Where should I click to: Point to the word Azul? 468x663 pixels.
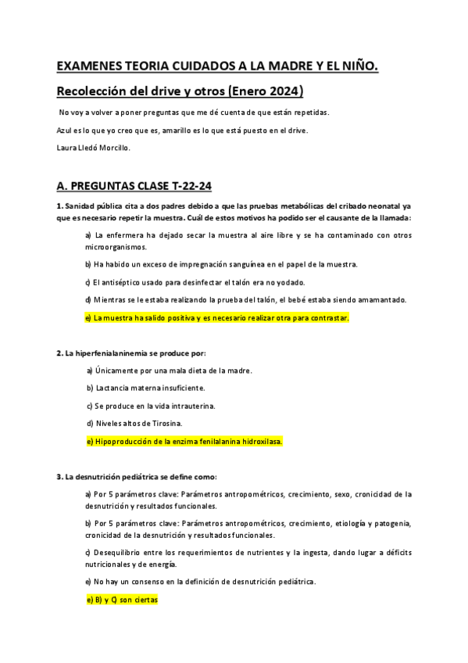[x=66, y=130]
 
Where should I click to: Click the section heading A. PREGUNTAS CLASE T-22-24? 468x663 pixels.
[x=134, y=186]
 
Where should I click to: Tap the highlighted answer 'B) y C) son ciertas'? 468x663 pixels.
[x=121, y=600]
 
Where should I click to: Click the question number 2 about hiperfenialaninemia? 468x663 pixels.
[x=59, y=353]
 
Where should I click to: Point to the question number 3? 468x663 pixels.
[x=59, y=477]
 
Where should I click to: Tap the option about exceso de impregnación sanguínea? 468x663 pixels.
[x=221, y=264]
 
